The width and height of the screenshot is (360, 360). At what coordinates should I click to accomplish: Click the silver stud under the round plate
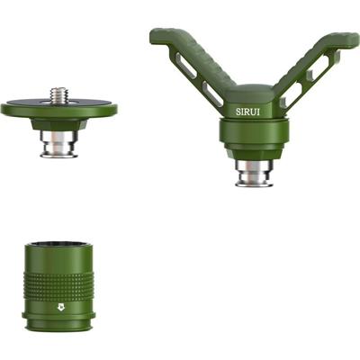tap(58, 143)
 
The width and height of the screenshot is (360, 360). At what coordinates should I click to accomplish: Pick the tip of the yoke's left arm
tap(158, 35)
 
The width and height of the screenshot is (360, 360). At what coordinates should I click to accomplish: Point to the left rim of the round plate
tap(5, 110)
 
